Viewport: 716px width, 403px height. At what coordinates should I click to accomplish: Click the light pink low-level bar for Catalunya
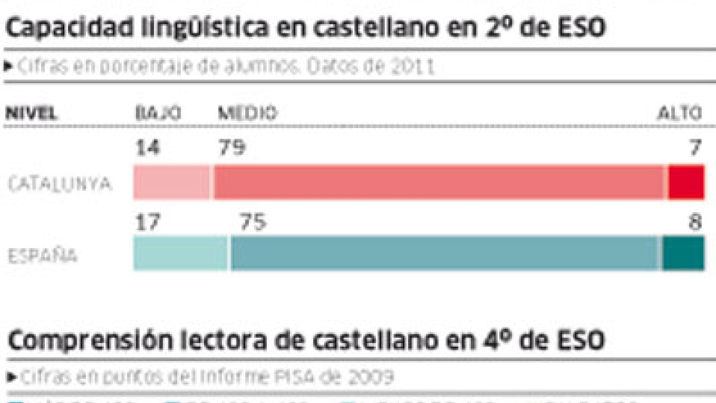[x=172, y=182]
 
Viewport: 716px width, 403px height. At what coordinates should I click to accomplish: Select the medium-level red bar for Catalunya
[x=439, y=182]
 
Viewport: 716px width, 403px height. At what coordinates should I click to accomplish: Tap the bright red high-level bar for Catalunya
[x=686, y=182]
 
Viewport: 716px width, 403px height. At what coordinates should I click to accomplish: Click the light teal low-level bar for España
[x=181, y=254]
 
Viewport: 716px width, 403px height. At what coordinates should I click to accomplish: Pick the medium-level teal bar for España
[x=446, y=254]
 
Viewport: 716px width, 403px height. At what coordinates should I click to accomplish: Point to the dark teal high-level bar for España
[x=683, y=254]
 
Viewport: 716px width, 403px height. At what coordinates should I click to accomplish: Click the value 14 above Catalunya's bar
[x=148, y=148]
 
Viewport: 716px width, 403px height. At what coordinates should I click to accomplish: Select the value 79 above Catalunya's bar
[x=231, y=148]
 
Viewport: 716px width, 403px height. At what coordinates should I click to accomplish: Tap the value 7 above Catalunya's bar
[x=695, y=148]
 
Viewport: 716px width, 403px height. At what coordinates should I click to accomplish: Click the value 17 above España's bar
[x=148, y=224]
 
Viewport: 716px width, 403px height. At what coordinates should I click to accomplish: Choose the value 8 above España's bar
[x=695, y=224]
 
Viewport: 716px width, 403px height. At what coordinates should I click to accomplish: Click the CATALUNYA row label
[x=59, y=184]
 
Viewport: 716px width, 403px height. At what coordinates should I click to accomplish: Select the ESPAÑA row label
[x=43, y=257]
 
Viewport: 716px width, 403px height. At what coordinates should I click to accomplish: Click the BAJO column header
[x=158, y=114]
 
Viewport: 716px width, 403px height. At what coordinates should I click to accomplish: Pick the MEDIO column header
[x=247, y=114]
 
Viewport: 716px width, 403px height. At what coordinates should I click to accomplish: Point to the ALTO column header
[x=679, y=114]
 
